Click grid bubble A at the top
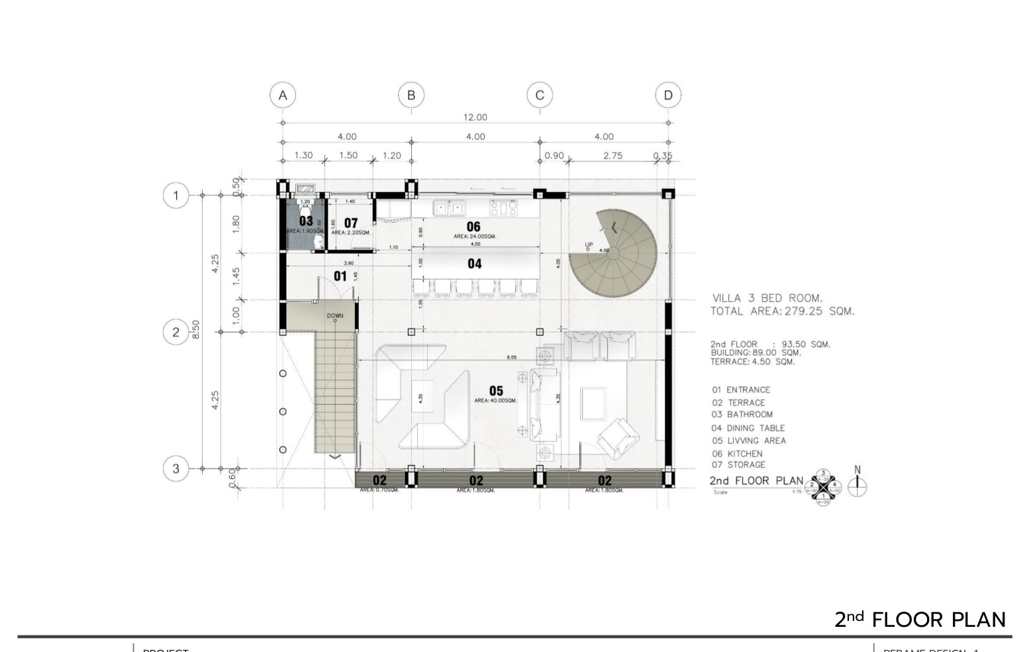[283, 95]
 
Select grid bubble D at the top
[668, 95]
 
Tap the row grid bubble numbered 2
[175, 332]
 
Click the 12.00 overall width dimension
[475, 117]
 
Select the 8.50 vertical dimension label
[195, 329]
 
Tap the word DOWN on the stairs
[335, 316]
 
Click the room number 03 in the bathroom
[306, 221]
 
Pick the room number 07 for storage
[350, 223]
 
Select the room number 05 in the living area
[495, 391]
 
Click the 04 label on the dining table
[475, 264]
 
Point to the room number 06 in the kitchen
[473, 227]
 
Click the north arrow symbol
[858, 482]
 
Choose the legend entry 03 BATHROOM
[742, 415]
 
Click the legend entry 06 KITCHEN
[737, 454]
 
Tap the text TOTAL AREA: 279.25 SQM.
[782, 311]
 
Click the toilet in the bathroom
[305, 207]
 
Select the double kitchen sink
[449, 208]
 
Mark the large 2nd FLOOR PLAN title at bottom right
[920, 620]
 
